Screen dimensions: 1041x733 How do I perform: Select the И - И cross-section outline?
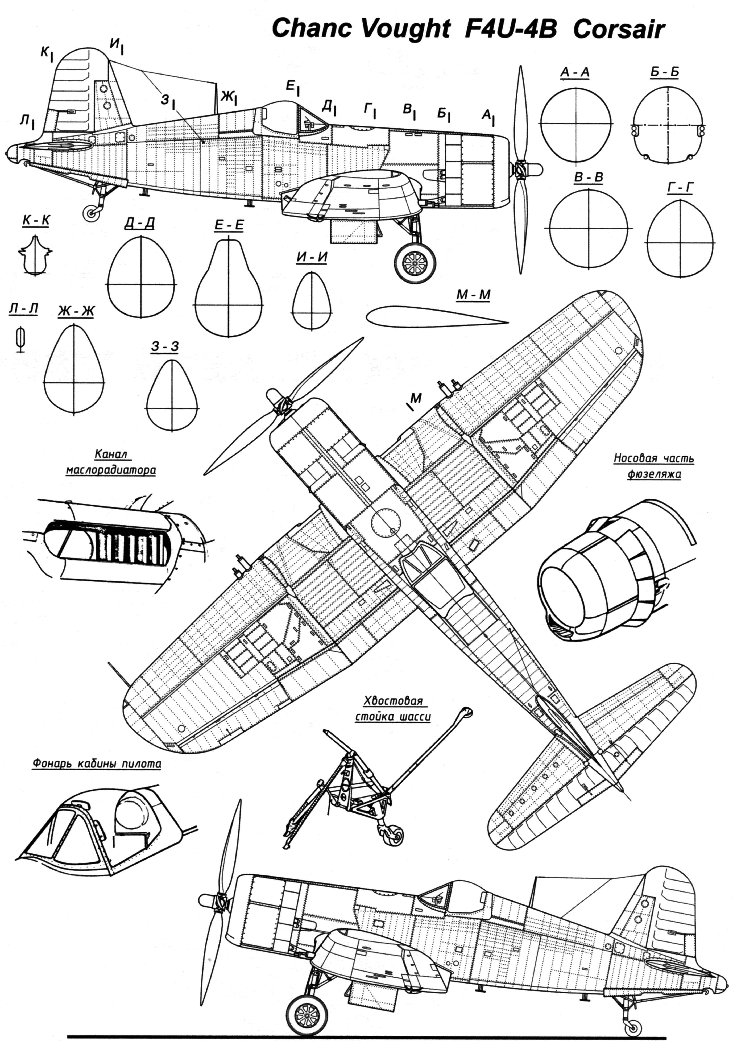click(312, 299)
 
